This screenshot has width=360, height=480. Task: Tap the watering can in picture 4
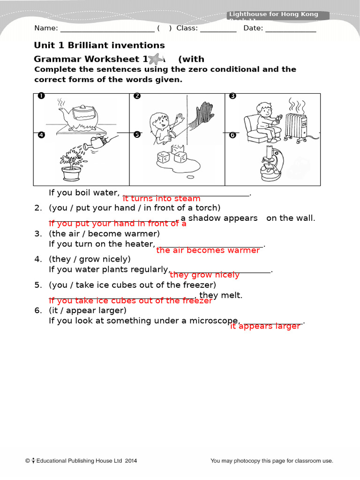tap(96, 142)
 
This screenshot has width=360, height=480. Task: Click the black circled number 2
tap(137, 96)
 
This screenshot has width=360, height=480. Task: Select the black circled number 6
tap(232, 135)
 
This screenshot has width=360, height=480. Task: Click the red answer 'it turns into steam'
tap(161, 199)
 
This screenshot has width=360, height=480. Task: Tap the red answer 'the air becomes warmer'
tap(208, 250)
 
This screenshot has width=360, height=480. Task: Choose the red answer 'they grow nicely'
tap(204, 275)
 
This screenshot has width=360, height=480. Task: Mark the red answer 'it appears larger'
tap(265, 326)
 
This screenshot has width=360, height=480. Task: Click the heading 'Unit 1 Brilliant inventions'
tap(99, 45)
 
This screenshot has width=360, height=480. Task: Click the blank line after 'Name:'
tap(107, 29)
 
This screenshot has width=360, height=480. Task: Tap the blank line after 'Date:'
tap(291, 29)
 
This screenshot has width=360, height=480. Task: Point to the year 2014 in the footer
tap(131, 461)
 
